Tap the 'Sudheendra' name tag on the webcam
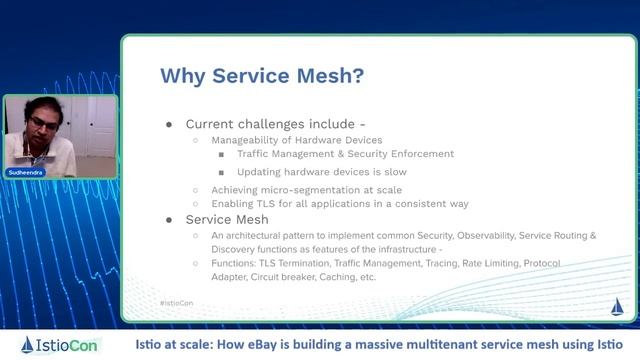[27, 173]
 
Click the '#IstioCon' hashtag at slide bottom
[177, 302]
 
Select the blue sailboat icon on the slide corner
[616, 305]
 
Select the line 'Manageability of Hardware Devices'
[296, 140]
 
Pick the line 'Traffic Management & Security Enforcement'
[345, 155]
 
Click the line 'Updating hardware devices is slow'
[321, 172]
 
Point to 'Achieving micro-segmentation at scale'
[306, 189]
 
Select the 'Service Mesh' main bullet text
[227, 219]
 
